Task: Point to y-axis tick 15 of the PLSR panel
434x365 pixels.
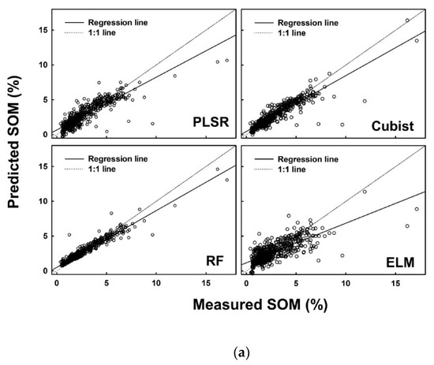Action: point(43,30)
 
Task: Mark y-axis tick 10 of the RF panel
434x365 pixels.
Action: point(43,201)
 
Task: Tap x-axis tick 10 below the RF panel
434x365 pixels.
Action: point(156,281)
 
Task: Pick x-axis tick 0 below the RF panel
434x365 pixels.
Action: point(57,281)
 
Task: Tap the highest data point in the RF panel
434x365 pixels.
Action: point(217,169)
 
